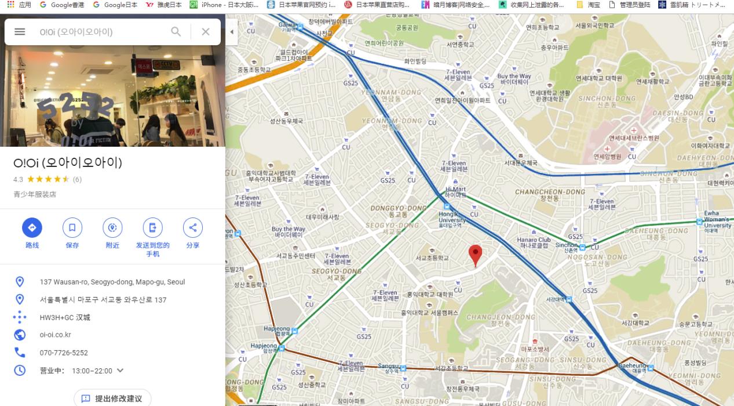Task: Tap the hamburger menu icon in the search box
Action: click(x=20, y=32)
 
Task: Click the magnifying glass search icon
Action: click(x=176, y=32)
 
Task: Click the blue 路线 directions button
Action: click(x=32, y=228)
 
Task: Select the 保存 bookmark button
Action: click(x=72, y=228)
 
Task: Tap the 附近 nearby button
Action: click(x=112, y=228)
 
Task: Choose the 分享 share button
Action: click(x=192, y=228)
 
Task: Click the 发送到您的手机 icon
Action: click(x=152, y=228)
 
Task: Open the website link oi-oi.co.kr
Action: click(x=56, y=335)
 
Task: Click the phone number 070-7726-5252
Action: click(x=64, y=353)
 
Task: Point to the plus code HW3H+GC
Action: click(x=65, y=317)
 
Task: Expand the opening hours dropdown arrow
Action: click(x=120, y=371)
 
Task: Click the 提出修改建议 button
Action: click(x=112, y=398)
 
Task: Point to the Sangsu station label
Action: click(x=388, y=366)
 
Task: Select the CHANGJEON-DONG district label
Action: click(x=501, y=317)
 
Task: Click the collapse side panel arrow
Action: click(x=232, y=32)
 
